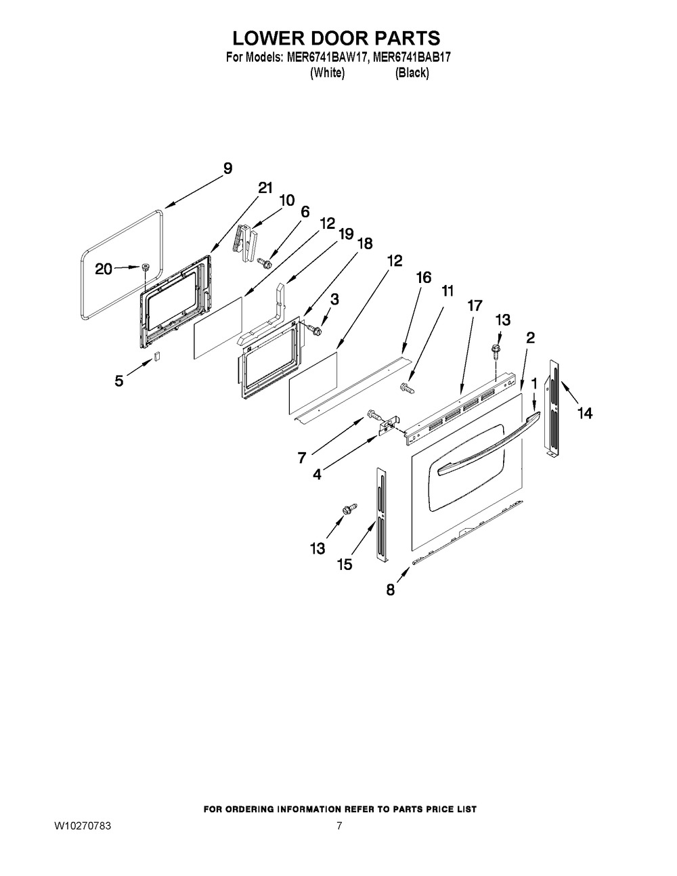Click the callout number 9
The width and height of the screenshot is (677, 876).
[x=227, y=169]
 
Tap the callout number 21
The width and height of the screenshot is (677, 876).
[x=265, y=189]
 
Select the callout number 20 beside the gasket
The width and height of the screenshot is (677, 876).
[x=104, y=269]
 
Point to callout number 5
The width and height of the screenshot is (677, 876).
[x=119, y=381]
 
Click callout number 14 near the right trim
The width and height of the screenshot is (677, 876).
[x=584, y=412]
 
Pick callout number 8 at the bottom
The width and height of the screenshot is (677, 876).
[x=390, y=590]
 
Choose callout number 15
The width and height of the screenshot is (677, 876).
[x=345, y=564]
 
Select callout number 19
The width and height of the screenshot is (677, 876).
[x=345, y=234]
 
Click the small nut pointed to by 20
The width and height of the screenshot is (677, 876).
[x=146, y=268]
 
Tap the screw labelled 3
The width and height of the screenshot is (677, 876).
[x=315, y=329]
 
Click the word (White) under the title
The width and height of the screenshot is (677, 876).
[x=327, y=73]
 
